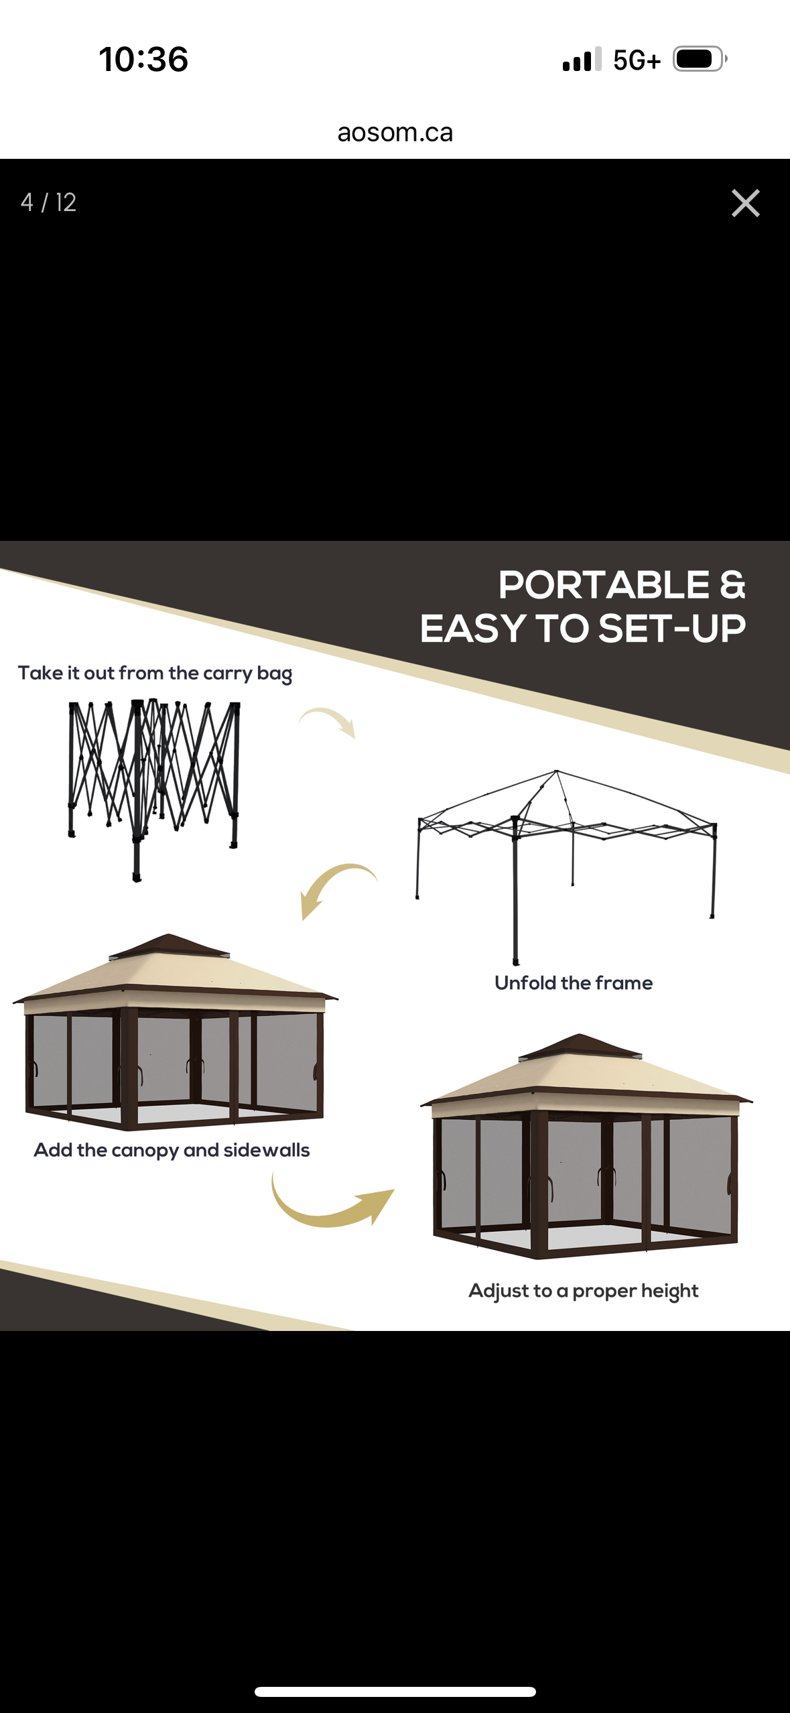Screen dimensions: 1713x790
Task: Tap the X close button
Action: click(x=745, y=203)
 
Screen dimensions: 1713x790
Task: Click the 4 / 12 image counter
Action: click(x=48, y=202)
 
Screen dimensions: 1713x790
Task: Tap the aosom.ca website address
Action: click(x=395, y=133)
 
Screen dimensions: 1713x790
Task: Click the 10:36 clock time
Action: click(x=143, y=59)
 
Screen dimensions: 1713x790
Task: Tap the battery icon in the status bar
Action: click(x=698, y=59)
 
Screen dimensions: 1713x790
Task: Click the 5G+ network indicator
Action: click(x=636, y=60)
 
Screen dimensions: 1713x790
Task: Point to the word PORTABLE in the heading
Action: click(x=603, y=585)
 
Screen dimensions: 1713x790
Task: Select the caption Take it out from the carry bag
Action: click(x=155, y=673)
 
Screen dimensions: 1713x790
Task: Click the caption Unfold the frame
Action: click(x=573, y=983)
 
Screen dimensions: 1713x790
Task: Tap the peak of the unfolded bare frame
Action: click(x=557, y=773)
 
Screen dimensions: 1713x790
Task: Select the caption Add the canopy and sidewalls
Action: click(x=172, y=1150)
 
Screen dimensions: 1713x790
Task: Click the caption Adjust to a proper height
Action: click(x=583, y=1291)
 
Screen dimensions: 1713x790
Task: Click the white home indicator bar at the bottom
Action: click(x=395, y=1692)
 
